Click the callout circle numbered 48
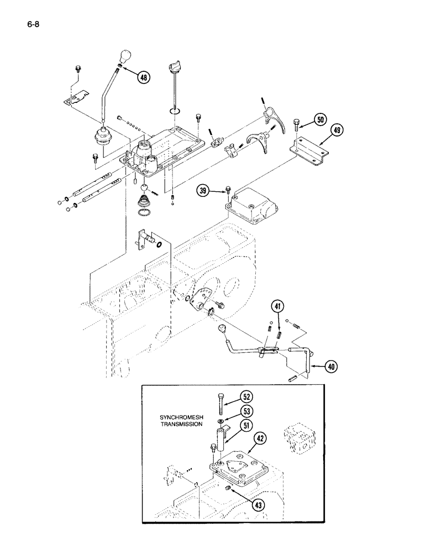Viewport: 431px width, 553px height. coord(144,77)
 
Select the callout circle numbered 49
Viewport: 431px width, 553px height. coord(337,131)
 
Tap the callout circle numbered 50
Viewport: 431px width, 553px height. coord(320,118)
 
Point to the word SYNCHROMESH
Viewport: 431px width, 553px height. coord(180,417)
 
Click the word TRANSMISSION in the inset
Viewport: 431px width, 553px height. coord(180,425)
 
